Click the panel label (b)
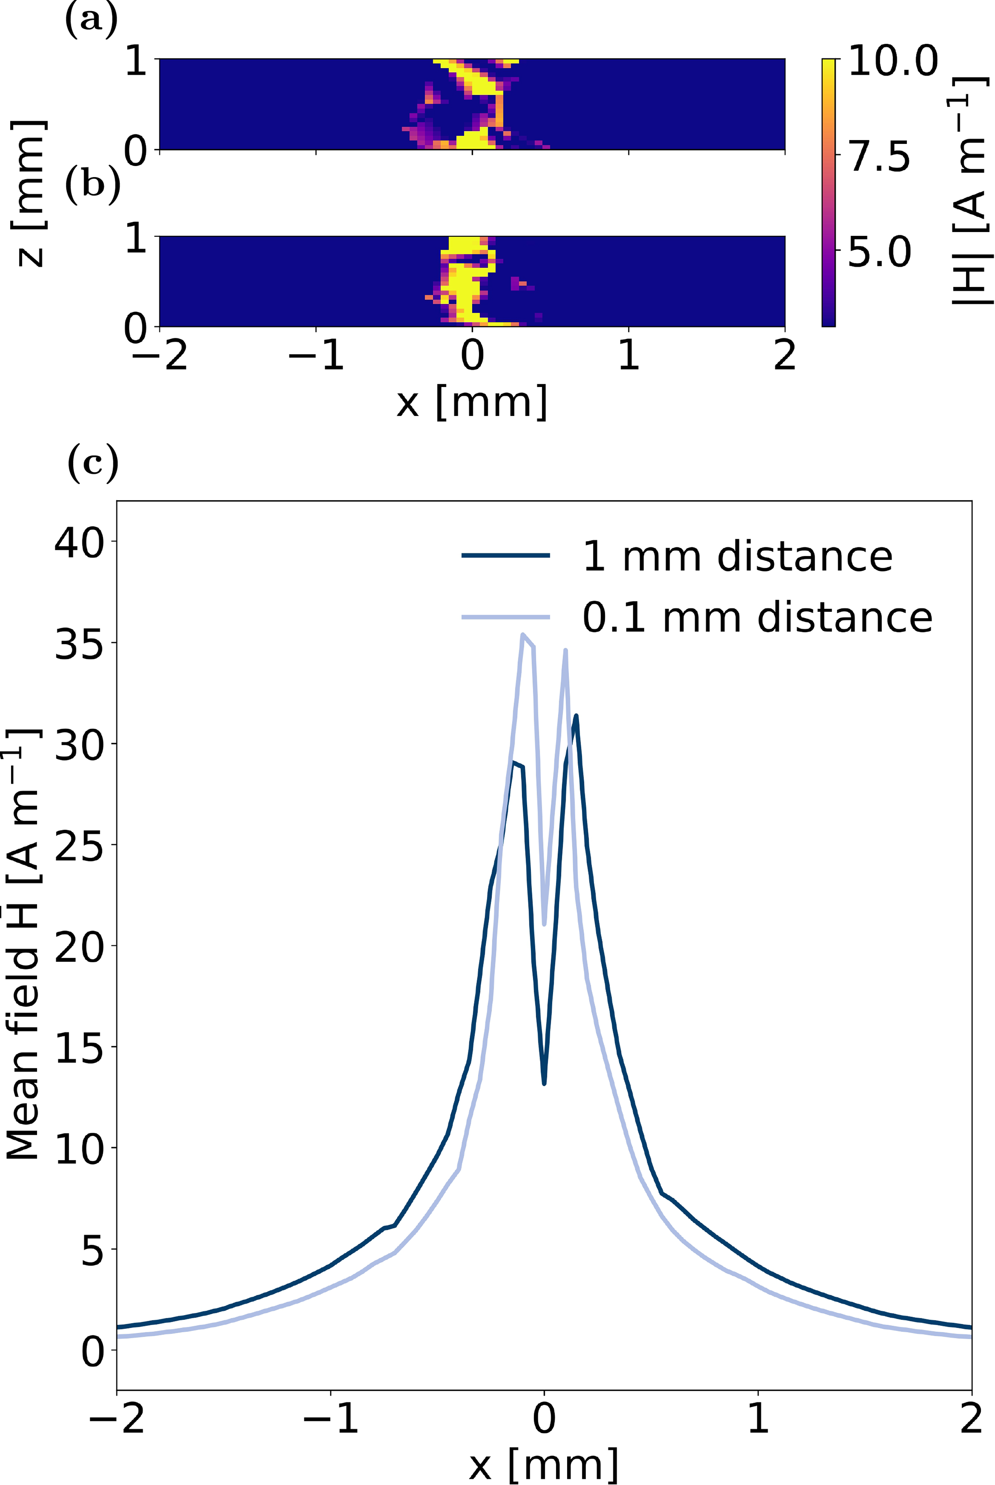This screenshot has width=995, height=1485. click(92, 185)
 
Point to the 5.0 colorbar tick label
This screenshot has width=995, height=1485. click(879, 252)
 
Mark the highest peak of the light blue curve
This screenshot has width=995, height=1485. click(522, 634)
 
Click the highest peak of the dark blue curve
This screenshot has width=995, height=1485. click(576, 716)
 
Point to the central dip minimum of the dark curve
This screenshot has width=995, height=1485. click(544, 1083)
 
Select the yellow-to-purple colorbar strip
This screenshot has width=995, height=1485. click(828, 192)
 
